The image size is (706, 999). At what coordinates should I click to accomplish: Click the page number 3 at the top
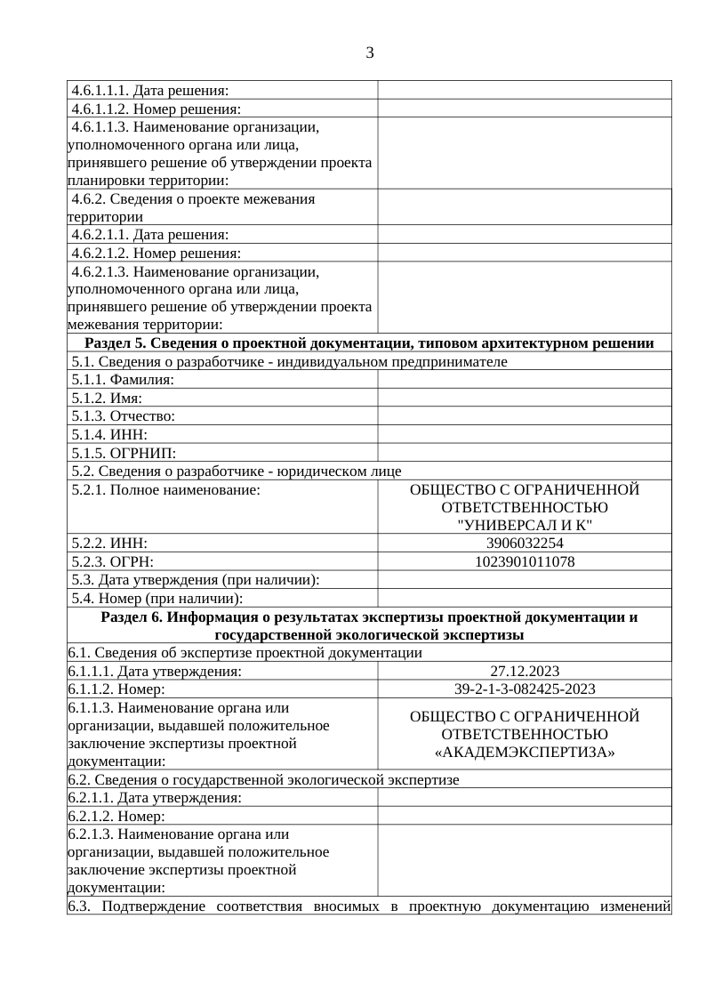point(370,52)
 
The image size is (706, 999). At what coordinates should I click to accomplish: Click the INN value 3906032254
point(525,543)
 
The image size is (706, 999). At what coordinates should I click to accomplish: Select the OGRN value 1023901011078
point(525,561)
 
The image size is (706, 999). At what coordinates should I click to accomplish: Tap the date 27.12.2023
point(525,672)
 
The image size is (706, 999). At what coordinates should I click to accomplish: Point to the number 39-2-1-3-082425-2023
point(525,689)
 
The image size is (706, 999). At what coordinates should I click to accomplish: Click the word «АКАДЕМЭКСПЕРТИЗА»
point(525,753)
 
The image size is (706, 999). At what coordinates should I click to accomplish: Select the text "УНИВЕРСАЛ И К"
point(525,525)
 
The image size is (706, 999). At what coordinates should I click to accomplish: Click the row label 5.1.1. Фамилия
point(123,380)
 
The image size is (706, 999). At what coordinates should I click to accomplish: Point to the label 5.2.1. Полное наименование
point(165,489)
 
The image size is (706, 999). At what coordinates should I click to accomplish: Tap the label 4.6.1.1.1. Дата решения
point(149,90)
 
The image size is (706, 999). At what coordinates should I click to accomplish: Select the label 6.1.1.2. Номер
point(116,689)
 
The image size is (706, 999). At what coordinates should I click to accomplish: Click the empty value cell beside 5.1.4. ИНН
point(525,434)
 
